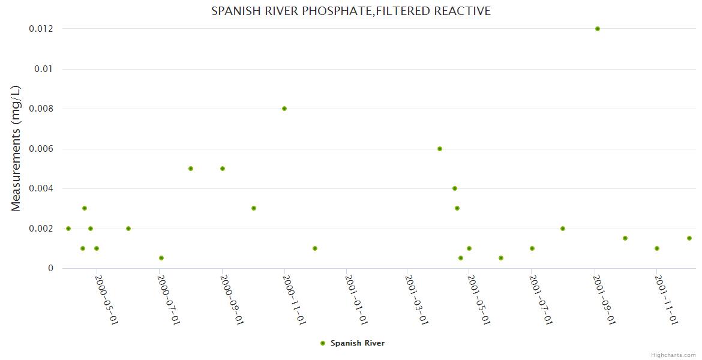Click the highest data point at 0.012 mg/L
coord(597,29)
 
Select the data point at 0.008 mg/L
coord(284,109)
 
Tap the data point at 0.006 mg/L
coord(440,149)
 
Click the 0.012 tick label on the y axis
coord(41,29)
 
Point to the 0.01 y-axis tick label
coord(44,69)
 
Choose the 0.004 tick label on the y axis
coord(41,188)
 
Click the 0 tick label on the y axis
coord(50,268)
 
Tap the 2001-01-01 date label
coord(356,299)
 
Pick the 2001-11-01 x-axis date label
coord(667,299)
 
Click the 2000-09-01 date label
coord(232,299)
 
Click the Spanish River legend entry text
coord(358,343)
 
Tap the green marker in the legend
coord(323,343)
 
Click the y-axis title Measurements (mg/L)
coord(16,148)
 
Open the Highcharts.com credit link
coord(673,355)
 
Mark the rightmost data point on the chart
coord(689,238)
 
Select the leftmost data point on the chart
coord(68,229)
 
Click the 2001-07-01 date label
coord(542,299)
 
